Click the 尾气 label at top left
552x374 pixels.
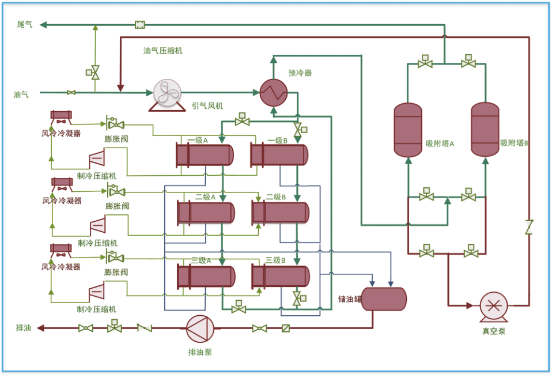pos(25,24)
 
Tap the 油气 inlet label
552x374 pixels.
pos(21,95)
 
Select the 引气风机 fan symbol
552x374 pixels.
pos(167,95)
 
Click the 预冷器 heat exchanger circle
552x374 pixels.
pos(274,93)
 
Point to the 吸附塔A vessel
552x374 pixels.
pos(408,130)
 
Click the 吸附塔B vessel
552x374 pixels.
pos(485,129)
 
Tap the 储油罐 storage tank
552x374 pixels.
pos(384,299)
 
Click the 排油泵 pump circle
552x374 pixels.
pos(200,328)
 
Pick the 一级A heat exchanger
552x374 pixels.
pos(205,155)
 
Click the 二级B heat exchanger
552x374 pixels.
pos(281,213)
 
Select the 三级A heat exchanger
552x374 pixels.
pos(206,277)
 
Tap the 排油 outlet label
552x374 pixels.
pos(23,328)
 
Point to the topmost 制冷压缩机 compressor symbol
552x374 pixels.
pos(97,158)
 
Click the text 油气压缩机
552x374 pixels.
pos(162,51)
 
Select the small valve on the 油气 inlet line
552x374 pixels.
pos(71,93)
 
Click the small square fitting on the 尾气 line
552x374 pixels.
pos(140,25)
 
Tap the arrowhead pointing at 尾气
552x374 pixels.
pos(43,25)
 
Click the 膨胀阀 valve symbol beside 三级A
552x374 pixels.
pos(115,258)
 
